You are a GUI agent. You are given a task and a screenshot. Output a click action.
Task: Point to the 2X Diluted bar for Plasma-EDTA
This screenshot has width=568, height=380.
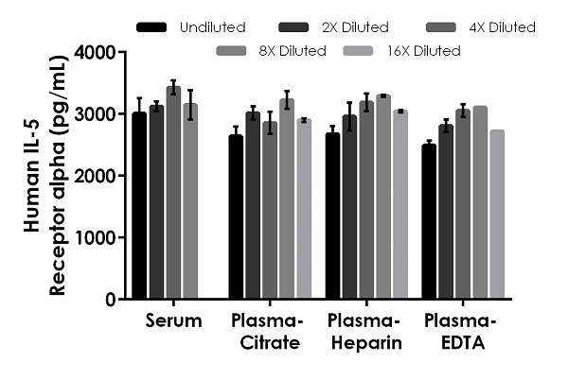pos(446,212)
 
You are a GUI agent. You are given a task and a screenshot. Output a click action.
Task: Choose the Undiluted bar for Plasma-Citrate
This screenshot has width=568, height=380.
pos(236,216)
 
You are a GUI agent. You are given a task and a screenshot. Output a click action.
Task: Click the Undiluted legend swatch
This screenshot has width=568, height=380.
pos(151,27)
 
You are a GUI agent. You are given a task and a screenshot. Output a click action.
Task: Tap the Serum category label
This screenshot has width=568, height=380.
pos(173,321)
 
